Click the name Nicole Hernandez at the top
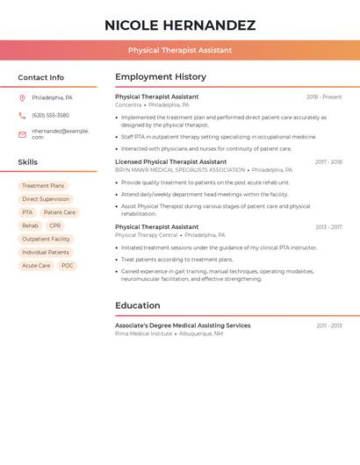click(x=180, y=25)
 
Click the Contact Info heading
click(x=40, y=77)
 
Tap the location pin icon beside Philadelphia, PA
click(x=22, y=97)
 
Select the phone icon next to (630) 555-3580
click(x=22, y=115)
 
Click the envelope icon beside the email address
click(x=22, y=134)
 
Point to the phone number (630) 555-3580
click(x=50, y=115)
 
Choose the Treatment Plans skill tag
click(x=43, y=186)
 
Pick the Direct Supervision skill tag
click(x=46, y=199)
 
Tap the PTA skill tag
click(x=27, y=212)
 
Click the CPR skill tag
click(x=55, y=225)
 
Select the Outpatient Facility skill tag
click(x=46, y=239)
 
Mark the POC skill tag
click(x=68, y=265)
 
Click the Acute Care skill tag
click(x=36, y=265)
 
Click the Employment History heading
click(x=161, y=77)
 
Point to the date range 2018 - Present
click(x=324, y=97)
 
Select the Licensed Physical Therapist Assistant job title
click(x=170, y=161)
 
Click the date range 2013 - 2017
click(x=328, y=226)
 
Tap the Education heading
click(x=138, y=305)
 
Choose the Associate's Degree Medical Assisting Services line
click(x=183, y=325)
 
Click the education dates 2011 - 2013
click(x=329, y=325)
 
